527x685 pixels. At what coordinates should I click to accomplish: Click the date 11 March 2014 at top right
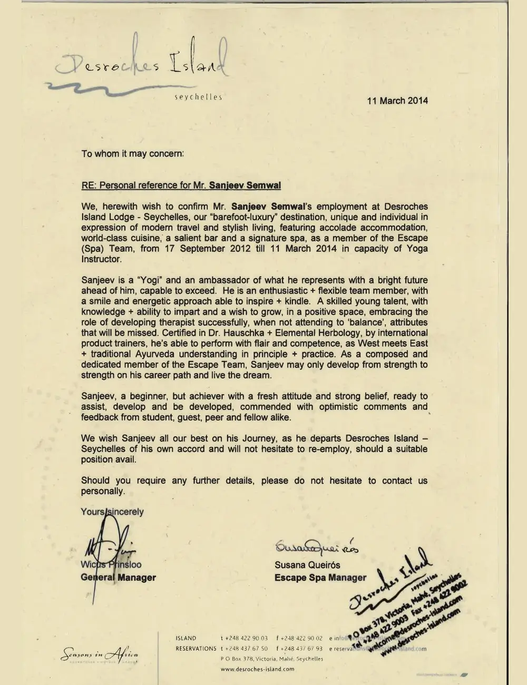click(x=397, y=101)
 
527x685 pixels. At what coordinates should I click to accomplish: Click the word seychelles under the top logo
click(x=198, y=97)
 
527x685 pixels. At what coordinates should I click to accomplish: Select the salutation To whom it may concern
click(x=133, y=154)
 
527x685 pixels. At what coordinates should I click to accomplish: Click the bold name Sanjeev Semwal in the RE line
click(x=245, y=185)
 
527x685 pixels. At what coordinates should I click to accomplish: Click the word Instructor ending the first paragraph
click(x=101, y=259)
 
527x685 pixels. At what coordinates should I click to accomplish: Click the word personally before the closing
click(x=103, y=491)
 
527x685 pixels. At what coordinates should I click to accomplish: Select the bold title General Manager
click(x=118, y=578)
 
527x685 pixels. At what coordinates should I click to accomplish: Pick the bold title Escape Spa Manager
click(x=320, y=578)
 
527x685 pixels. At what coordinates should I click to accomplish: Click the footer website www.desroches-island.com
click(x=258, y=669)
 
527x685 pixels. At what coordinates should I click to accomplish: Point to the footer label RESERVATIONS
click(x=196, y=649)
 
